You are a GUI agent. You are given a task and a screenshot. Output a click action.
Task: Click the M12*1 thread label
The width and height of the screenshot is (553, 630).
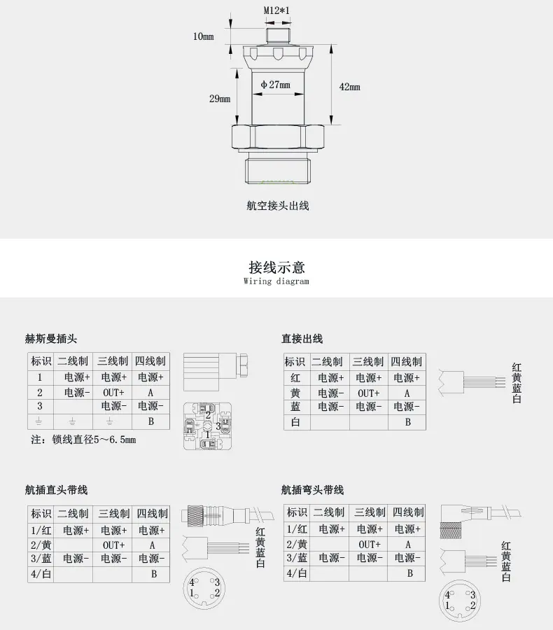(x=276, y=10)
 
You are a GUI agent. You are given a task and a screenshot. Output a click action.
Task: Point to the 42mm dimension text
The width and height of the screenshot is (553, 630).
(x=349, y=87)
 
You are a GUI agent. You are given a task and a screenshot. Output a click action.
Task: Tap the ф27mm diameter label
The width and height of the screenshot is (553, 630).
(x=275, y=85)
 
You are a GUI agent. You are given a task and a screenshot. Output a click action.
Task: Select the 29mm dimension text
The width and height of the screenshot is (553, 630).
(x=220, y=99)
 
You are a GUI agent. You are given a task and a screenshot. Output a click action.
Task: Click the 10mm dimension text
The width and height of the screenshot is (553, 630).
(x=204, y=36)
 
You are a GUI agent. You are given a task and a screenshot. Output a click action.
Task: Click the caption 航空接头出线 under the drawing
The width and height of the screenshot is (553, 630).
(x=278, y=206)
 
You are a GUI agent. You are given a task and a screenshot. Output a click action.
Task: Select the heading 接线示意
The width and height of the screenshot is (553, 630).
(x=276, y=267)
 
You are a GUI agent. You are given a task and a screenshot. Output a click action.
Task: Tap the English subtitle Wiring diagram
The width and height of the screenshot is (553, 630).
(x=276, y=281)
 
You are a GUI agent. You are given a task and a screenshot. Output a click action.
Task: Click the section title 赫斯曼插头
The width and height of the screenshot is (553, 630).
(x=50, y=339)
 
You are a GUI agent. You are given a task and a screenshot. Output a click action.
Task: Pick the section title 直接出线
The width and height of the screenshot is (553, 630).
(x=302, y=339)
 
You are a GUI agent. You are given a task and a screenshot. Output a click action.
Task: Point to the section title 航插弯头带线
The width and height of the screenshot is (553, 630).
(x=312, y=490)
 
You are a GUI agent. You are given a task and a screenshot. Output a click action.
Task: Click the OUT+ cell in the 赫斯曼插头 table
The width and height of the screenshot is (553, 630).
(x=113, y=392)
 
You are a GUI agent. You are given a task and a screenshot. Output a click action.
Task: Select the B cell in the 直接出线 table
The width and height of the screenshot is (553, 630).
(x=407, y=422)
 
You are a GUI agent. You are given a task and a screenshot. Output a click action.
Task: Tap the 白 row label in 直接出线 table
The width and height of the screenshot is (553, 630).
(x=295, y=422)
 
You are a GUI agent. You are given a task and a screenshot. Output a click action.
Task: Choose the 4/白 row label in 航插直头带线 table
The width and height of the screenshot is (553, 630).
(x=41, y=574)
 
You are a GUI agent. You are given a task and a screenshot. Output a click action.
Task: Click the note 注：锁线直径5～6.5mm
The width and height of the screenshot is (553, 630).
(x=83, y=440)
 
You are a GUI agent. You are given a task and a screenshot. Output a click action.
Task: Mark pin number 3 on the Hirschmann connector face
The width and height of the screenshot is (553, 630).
(x=218, y=426)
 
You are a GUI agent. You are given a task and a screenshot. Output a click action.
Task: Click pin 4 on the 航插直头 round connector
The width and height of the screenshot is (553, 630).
(x=192, y=582)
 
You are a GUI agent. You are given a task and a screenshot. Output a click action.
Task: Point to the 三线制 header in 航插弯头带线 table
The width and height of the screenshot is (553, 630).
(x=370, y=512)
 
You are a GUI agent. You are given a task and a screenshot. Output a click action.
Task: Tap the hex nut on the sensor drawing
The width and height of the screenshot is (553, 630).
(x=278, y=136)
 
